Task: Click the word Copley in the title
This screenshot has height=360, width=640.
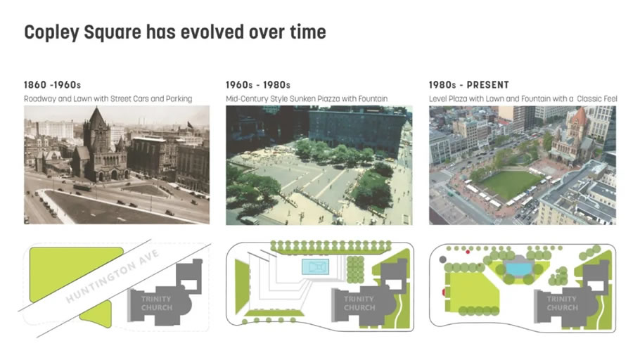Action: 51,32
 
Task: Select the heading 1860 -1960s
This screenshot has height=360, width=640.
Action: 52,85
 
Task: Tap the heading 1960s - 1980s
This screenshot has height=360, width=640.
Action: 258,85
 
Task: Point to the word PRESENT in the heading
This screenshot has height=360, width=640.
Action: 488,85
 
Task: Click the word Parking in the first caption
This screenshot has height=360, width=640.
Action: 179,98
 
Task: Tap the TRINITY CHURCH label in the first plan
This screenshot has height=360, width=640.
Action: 156,303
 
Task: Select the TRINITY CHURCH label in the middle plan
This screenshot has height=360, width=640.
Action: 359,303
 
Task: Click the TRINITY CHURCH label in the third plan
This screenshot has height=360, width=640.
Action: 562,303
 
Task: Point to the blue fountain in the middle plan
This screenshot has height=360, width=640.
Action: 315,267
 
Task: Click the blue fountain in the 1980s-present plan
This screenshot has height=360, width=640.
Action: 519,269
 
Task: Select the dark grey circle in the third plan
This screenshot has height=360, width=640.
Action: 442,259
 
